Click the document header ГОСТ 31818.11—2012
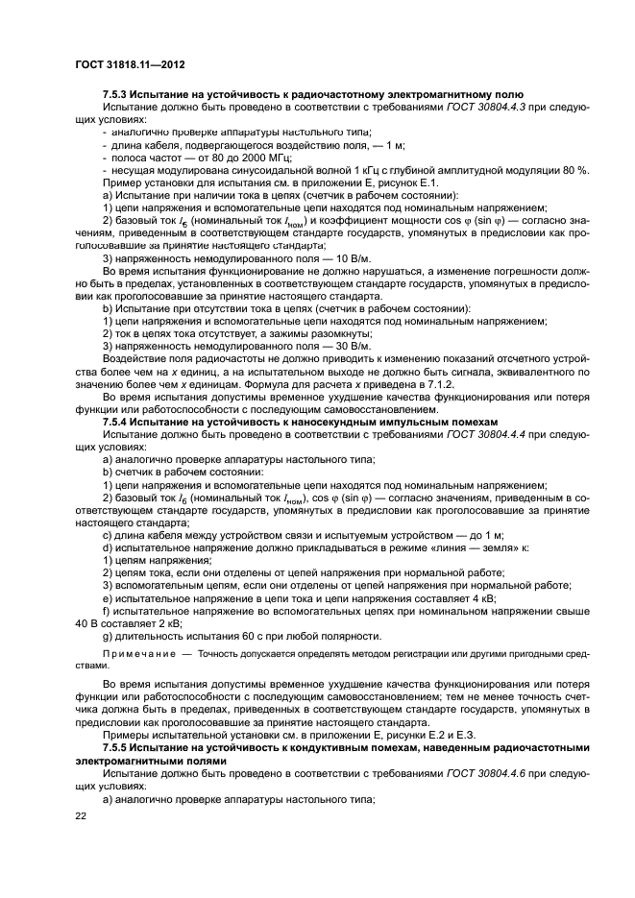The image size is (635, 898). pyautogui.click(x=130, y=64)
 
